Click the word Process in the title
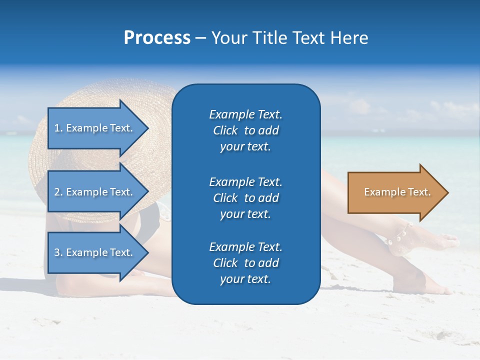click(x=157, y=38)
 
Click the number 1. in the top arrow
click(x=58, y=128)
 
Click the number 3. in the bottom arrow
click(x=58, y=253)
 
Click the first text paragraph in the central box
click(x=245, y=130)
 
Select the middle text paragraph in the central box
click(x=245, y=197)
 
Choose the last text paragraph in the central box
click(x=245, y=263)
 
